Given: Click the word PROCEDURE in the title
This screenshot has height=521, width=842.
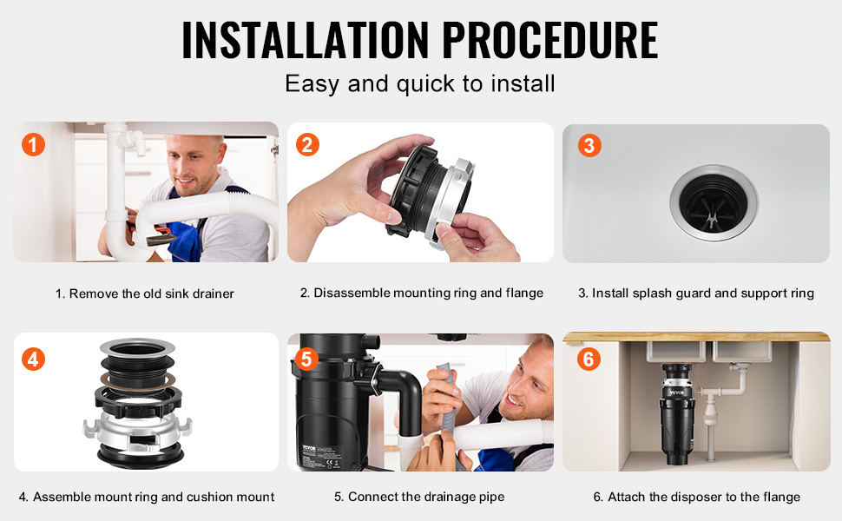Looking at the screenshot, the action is pos(550,40).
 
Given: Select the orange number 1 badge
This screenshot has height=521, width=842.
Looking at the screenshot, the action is pos(33,144).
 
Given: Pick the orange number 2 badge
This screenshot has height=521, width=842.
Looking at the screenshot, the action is pos(307,144).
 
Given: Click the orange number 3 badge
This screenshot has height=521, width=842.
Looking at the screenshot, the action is pos(589,145).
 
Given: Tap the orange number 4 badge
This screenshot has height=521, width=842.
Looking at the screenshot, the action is pos(33,359).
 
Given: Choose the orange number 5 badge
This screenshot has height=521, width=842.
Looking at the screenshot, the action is pos(306,359).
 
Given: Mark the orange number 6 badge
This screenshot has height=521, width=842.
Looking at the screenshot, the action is pos(589,359).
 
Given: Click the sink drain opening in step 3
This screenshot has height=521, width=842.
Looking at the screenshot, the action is pos(714,202).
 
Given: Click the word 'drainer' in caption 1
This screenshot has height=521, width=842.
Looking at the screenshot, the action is pos(214,293).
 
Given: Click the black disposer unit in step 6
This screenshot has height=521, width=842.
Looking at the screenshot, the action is pos(677,413).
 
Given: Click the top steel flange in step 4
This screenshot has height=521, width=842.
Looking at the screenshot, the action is pos(137,348).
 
